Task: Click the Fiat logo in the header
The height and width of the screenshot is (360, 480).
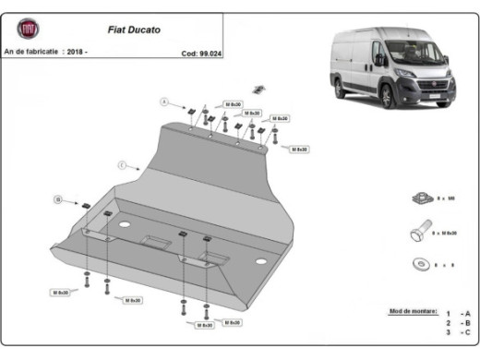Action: click(27, 30)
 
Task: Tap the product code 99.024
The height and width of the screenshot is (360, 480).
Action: click(205, 53)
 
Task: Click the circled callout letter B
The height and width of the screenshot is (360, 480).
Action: click(58, 198)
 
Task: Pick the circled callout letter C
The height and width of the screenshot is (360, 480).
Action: click(122, 164)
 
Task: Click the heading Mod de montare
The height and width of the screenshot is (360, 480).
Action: click(410, 312)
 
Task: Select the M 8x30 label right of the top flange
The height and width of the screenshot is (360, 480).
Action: click(299, 149)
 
